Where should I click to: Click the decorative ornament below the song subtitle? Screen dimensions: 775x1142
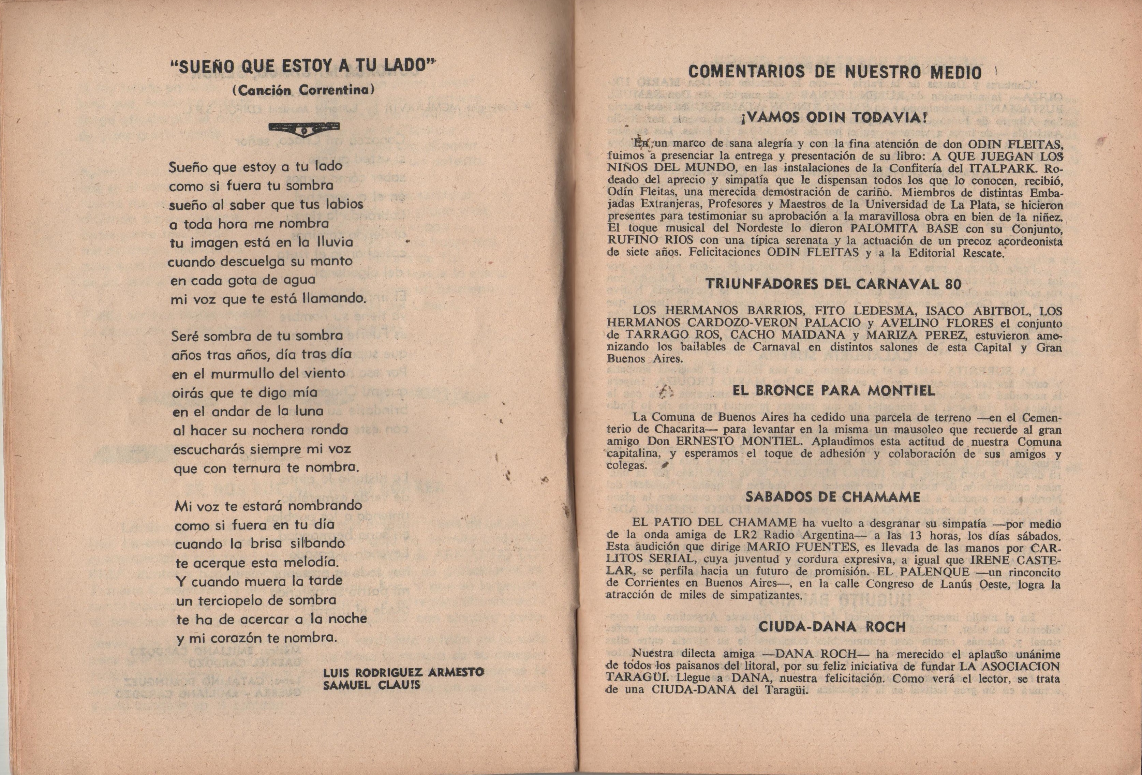coord(305,129)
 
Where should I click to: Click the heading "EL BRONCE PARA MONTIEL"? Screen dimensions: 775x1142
coord(833,391)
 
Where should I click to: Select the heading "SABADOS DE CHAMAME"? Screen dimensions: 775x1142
coord(832,497)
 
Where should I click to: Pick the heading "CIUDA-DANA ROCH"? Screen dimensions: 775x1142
coord(832,627)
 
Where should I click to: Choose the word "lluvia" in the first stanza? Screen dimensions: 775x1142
coord(334,242)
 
